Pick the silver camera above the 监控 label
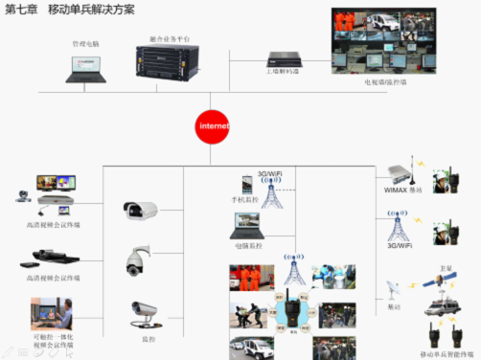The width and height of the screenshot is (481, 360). point(144,308)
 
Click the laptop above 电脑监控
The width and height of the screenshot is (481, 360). point(247,226)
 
